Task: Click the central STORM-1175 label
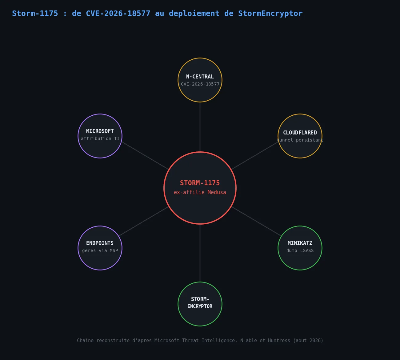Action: [x=200, y=183]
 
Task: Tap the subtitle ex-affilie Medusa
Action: [x=200, y=192]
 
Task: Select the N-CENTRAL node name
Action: [x=200, y=77]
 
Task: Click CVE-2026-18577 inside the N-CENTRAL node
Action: [x=200, y=84]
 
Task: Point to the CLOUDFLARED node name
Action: [x=300, y=133]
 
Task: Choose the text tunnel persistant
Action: [x=300, y=140]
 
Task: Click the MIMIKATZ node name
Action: [x=300, y=243]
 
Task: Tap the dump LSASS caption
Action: [x=300, y=250]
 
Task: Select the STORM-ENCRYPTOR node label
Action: [x=200, y=302]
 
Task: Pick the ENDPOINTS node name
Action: [x=100, y=243]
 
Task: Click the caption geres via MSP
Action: [x=100, y=250]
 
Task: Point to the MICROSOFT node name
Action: [x=100, y=131]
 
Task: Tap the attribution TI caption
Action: [x=100, y=138]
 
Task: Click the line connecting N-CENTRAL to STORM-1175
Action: [x=200, y=127]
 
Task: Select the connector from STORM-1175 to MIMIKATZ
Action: [x=256, y=222]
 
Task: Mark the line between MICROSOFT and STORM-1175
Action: [x=145, y=156]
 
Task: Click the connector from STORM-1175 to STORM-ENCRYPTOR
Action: [x=200, y=253]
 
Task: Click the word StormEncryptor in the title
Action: [x=270, y=14]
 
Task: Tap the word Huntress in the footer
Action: [x=279, y=340]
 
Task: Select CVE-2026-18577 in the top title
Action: [x=118, y=14]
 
